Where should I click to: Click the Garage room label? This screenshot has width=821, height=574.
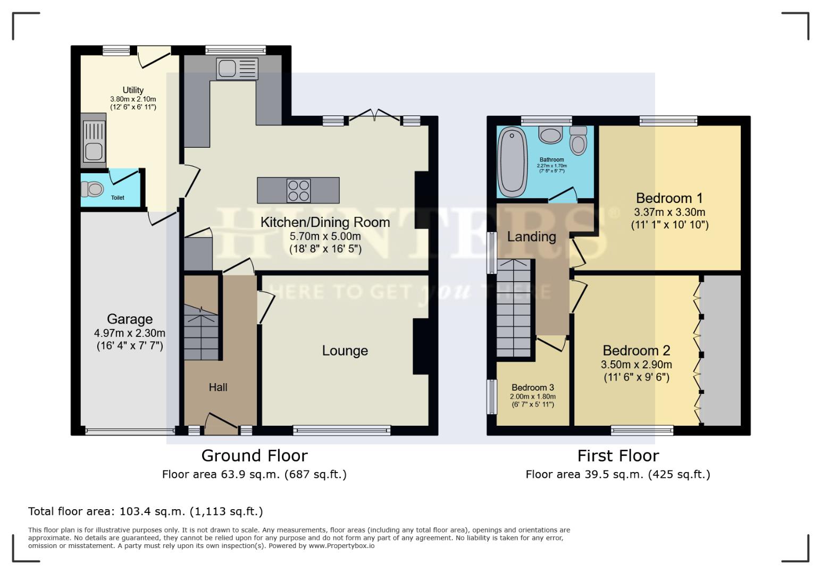(130, 319)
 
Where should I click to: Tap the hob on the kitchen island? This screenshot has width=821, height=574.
(298, 190)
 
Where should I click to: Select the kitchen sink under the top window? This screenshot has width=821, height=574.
(237, 69)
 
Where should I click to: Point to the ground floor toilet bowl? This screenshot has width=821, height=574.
(94, 189)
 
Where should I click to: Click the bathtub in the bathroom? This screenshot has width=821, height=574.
(512, 162)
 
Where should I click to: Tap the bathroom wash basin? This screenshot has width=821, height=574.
(550, 134)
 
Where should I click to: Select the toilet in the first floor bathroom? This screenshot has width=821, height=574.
(578, 140)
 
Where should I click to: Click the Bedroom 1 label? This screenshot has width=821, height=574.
(669, 198)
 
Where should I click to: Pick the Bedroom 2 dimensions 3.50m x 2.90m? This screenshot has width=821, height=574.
(636, 365)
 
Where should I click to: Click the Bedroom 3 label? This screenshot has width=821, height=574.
(533, 387)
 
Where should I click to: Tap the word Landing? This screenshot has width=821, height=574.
(531, 237)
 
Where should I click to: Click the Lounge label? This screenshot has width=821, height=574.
(345, 351)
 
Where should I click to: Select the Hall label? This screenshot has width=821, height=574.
(218, 387)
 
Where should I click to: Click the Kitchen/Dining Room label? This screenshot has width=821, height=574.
(325, 222)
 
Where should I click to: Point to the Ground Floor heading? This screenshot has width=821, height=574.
(254, 456)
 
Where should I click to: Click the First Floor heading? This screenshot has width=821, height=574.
(618, 456)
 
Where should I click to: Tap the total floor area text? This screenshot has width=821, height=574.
(146, 511)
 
